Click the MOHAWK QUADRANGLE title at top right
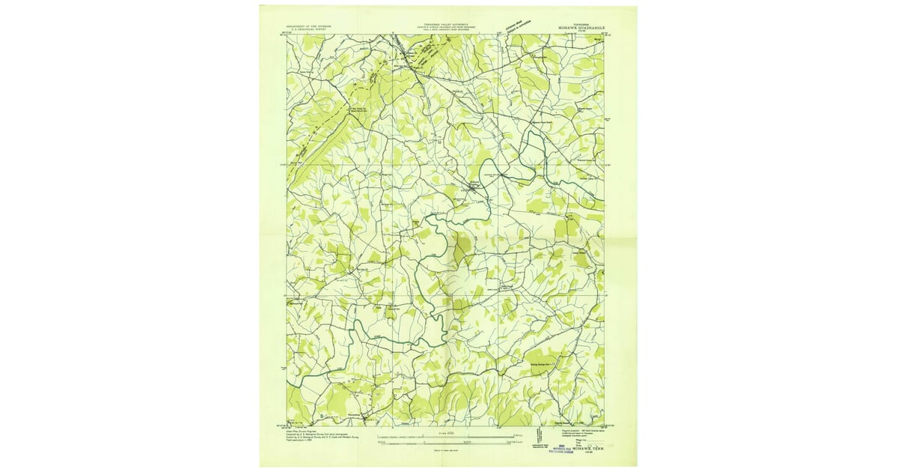click(581, 28)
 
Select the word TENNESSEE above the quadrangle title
click(581, 23)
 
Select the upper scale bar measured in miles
click(449, 436)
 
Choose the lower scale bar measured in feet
click(449, 443)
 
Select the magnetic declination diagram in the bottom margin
click(536, 442)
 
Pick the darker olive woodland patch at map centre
click(461, 251)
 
